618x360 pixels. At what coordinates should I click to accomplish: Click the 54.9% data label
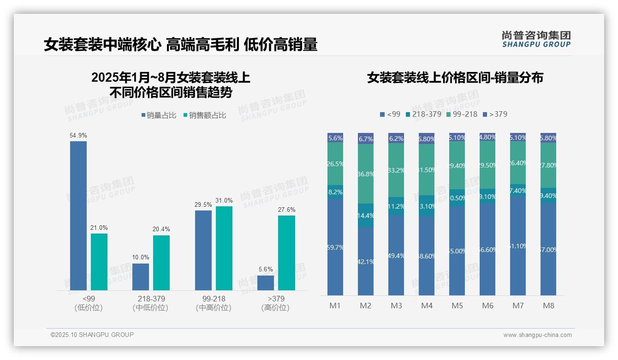pyautogui.click(x=78, y=136)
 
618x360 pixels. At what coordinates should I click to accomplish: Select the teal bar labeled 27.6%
pyautogui.click(x=286, y=252)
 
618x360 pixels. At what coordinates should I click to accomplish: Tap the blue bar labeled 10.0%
pyautogui.click(x=141, y=276)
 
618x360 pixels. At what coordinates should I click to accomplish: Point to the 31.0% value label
pyautogui.click(x=224, y=201)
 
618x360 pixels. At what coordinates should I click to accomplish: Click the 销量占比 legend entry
pyautogui.click(x=159, y=115)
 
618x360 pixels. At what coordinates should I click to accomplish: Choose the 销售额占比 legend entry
pyautogui.click(x=205, y=115)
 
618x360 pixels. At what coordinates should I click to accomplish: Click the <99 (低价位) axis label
pyautogui.click(x=89, y=303)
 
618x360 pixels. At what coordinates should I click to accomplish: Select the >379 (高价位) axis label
pyautogui.click(x=275, y=303)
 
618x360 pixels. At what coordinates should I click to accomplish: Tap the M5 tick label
pyautogui.click(x=457, y=306)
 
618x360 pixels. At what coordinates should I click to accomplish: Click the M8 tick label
pyautogui.click(x=548, y=306)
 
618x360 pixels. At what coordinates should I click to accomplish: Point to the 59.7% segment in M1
pyautogui.click(x=335, y=247)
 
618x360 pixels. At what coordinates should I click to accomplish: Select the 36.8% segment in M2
pyautogui.click(x=366, y=174)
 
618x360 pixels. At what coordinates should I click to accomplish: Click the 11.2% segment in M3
pyautogui.click(x=396, y=206)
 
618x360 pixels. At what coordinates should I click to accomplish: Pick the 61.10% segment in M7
pyautogui.click(x=518, y=246)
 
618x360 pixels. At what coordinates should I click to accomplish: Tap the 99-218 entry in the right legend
pyautogui.click(x=462, y=114)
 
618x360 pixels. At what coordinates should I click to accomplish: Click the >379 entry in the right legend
pyautogui.click(x=495, y=114)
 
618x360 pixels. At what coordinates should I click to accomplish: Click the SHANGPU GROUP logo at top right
pyautogui.click(x=536, y=39)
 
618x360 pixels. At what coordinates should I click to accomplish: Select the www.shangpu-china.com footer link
pyautogui.click(x=537, y=335)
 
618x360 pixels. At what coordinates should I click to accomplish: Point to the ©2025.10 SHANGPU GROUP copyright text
pyautogui.click(x=92, y=335)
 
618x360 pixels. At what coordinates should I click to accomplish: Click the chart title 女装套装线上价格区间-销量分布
pyautogui.click(x=455, y=78)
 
